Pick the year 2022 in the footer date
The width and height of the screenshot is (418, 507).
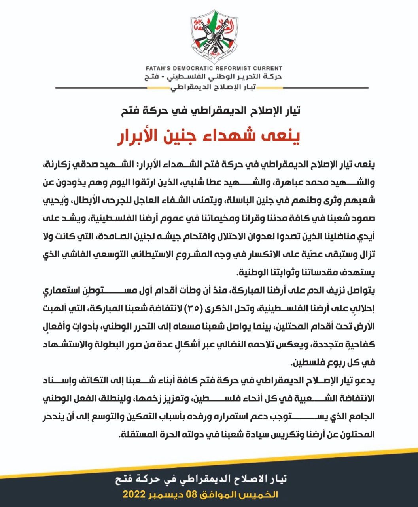pyautogui.click(x=134, y=495)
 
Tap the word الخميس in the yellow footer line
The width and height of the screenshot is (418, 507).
pyautogui.click(x=264, y=495)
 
